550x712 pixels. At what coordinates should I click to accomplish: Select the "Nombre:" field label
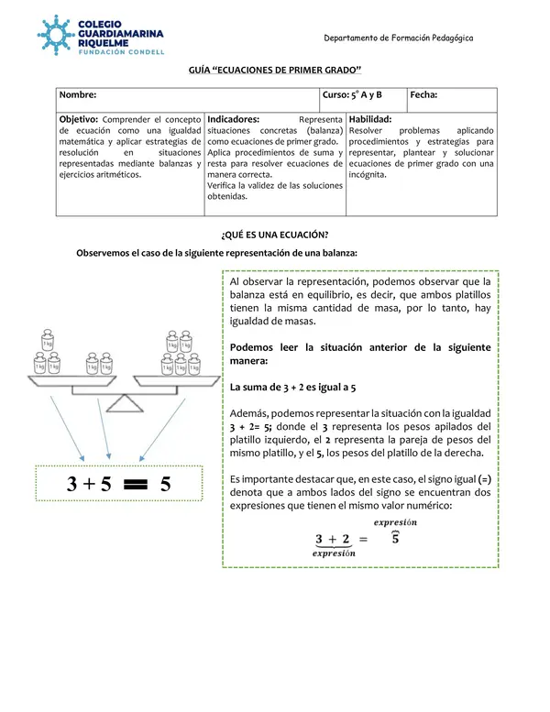[78, 94]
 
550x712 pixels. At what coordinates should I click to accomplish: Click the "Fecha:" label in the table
[423, 94]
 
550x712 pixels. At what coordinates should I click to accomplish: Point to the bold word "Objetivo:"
[79, 119]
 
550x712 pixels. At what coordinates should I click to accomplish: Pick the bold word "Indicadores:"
[234, 119]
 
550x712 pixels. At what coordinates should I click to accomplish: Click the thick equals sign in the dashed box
[135, 487]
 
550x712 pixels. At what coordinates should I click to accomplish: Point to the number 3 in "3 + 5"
[73, 487]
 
